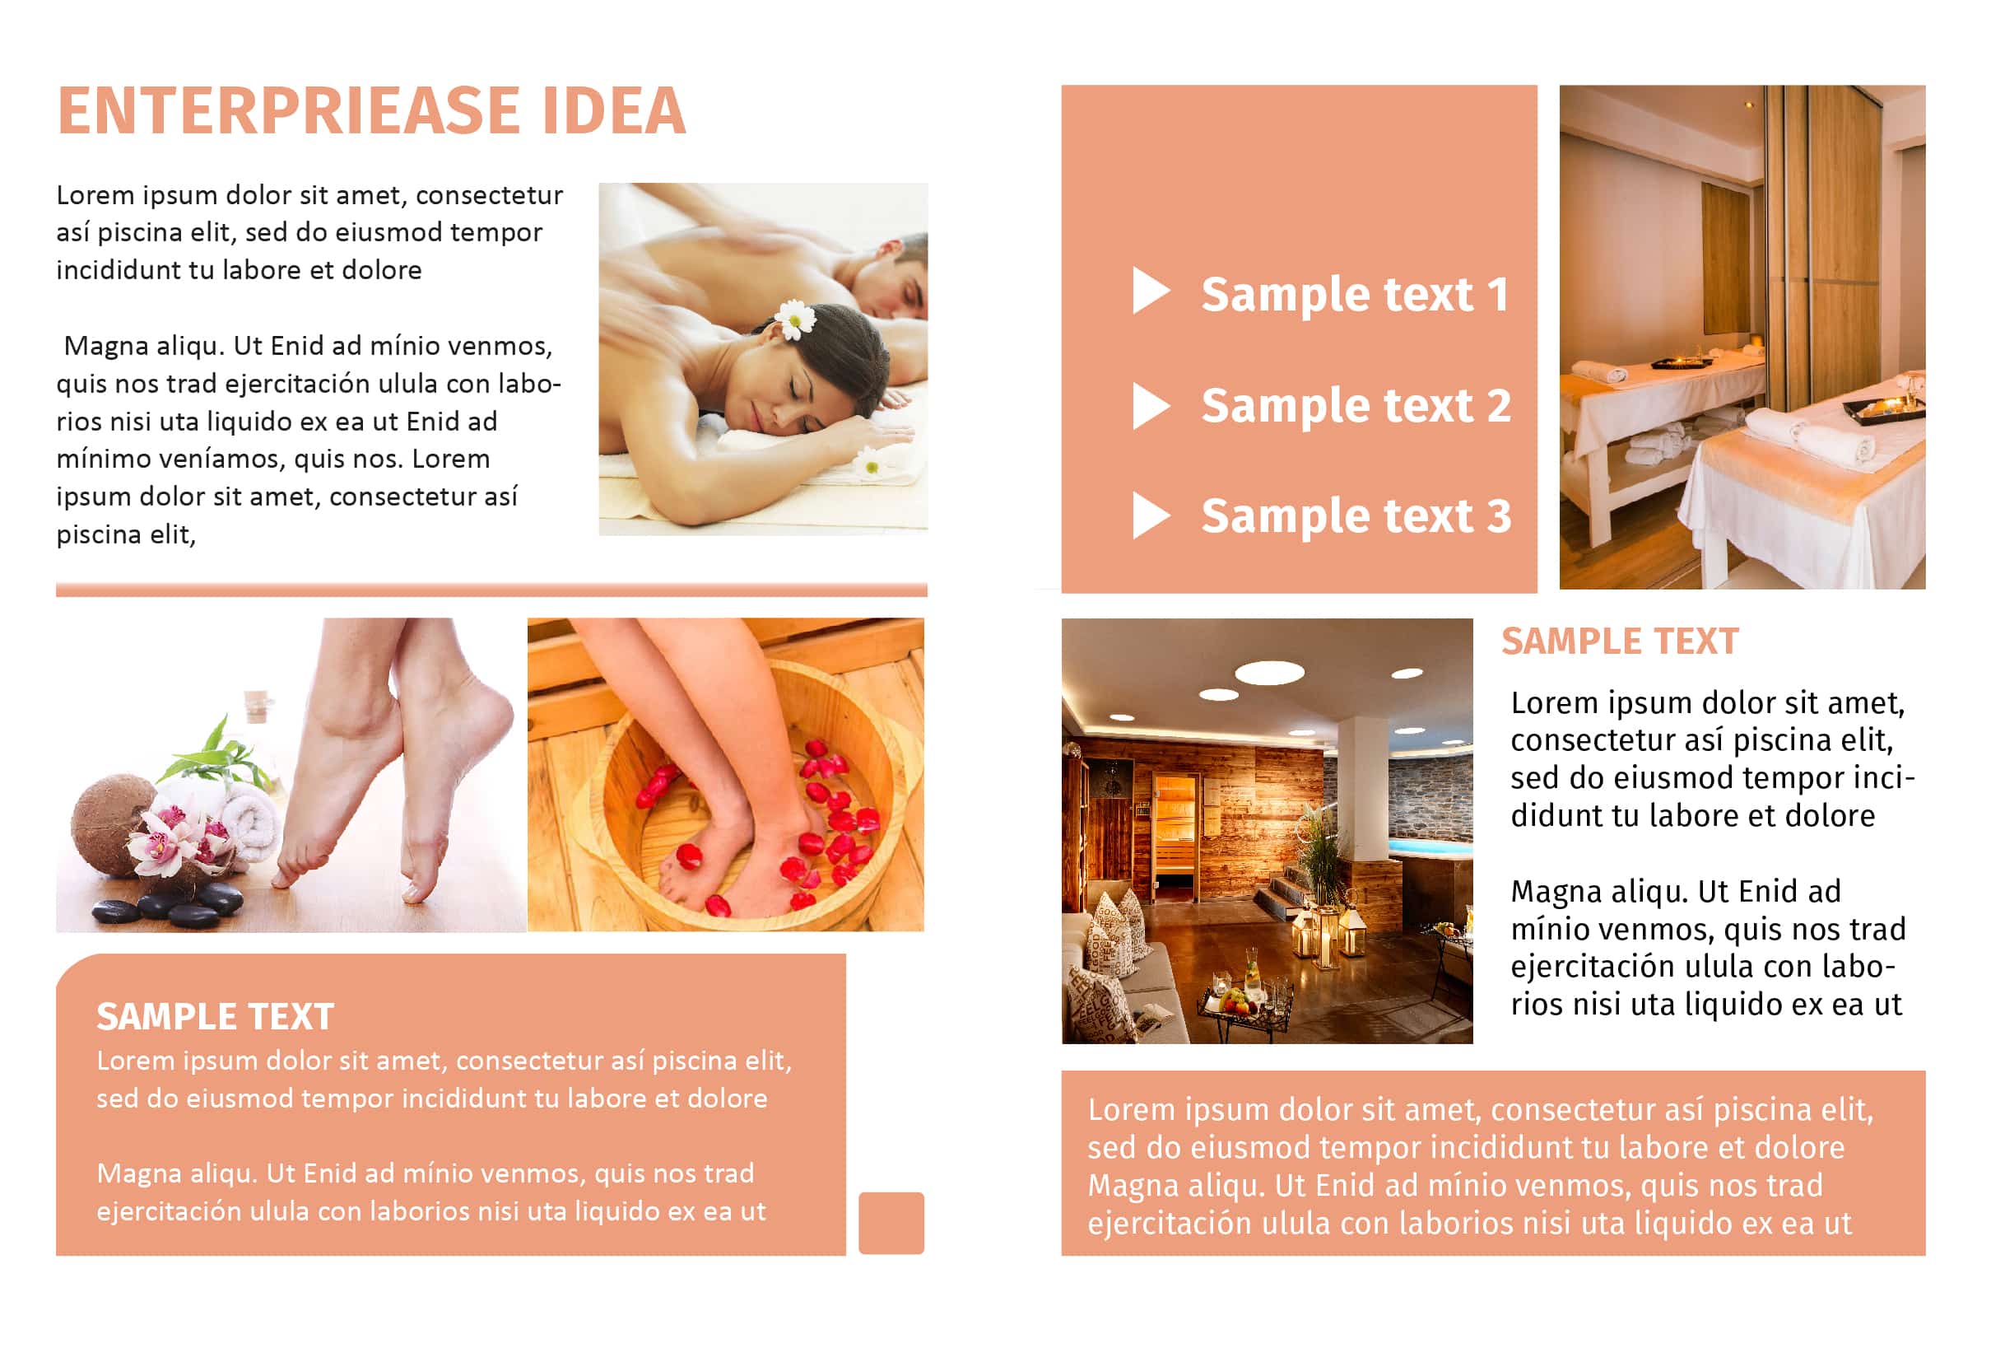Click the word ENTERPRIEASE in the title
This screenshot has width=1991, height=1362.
pos(289,110)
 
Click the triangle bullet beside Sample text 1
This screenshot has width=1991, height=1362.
pos(1151,291)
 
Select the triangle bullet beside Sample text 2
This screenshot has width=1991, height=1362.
pos(1151,405)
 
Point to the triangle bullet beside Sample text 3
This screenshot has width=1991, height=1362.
pos(1151,515)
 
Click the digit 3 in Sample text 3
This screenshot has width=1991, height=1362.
pos(1498,516)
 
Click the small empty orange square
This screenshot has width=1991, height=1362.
pos(891,1223)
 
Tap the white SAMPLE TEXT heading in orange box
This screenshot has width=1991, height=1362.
pos(215,1017)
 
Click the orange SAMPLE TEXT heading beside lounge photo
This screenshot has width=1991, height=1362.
pos(1619,641)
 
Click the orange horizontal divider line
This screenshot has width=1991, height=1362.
pos(491,590)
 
